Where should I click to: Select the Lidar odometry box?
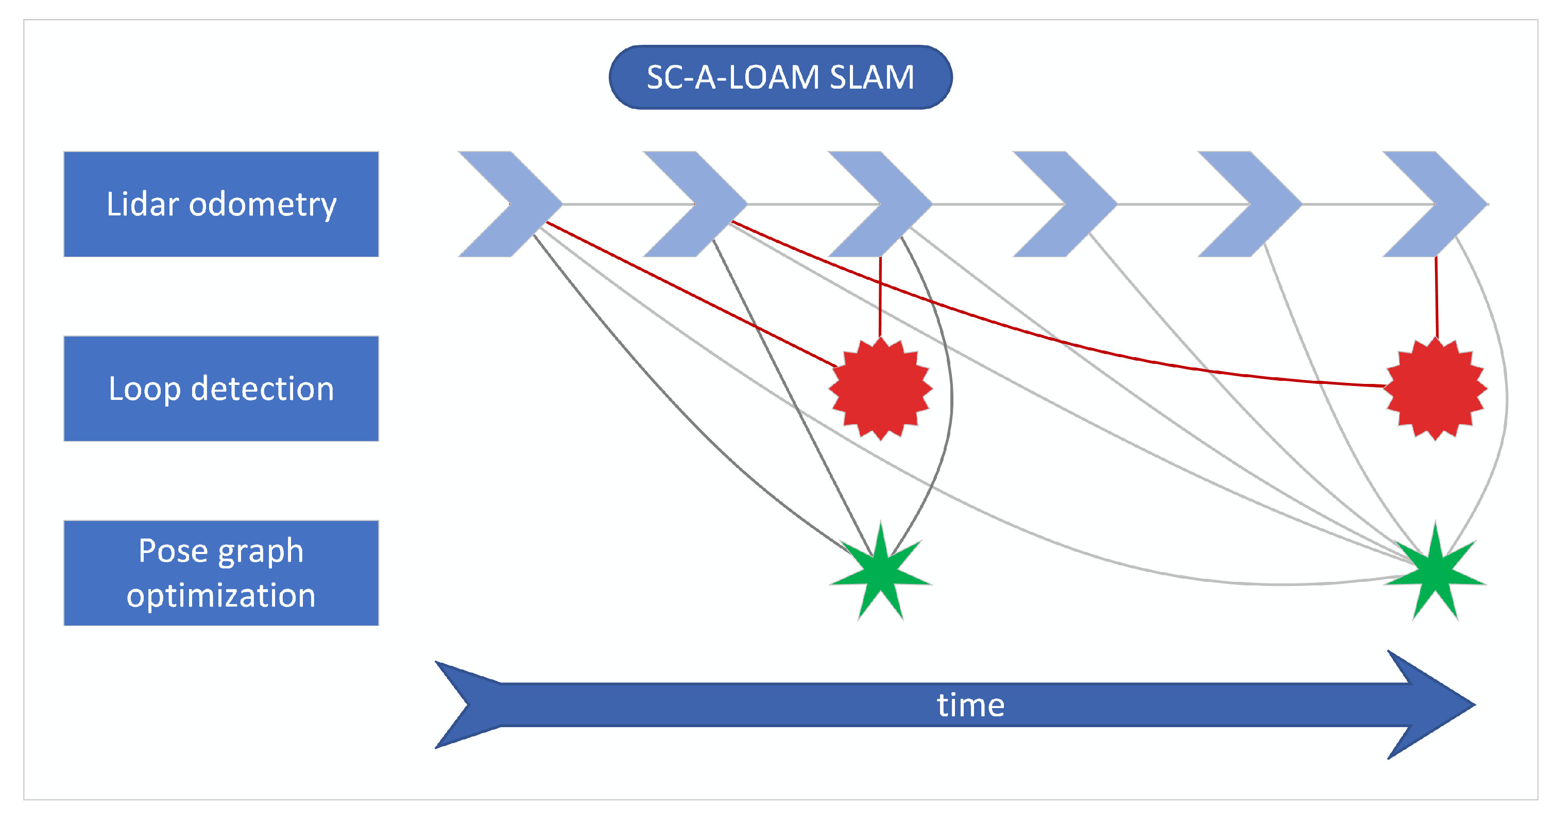pos(221,204)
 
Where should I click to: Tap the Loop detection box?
pos(221,388)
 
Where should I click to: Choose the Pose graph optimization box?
pos(221,573)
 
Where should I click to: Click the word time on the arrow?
pos(970,705)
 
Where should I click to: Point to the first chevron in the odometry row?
pos(519,204)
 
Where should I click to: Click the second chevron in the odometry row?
pos(704,204)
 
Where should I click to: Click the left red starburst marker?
pos(881,389)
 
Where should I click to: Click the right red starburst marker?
pos(1435,389)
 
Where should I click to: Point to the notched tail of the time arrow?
pos(468,704)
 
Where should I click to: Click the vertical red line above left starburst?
pos(880,296)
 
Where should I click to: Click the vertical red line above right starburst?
pos(1437,296)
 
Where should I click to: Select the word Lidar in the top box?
pos(142,204)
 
